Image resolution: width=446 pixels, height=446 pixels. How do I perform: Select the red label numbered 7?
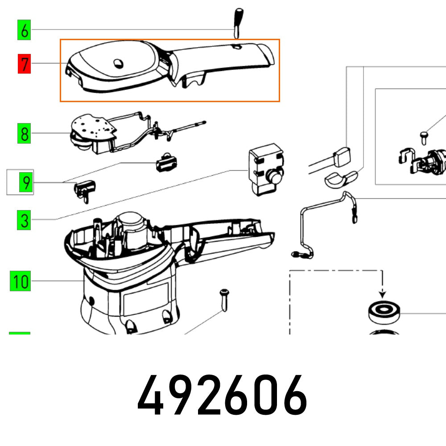pyautogui.click(x=24, y=64)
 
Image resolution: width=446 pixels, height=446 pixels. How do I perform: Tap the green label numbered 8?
pyautogui.click(x=24, y=134)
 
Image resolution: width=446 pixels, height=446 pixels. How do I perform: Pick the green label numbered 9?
pyautogui.click(x=26, y=182)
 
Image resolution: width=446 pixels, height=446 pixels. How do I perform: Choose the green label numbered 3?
pyautogui.click(x=24, y=220)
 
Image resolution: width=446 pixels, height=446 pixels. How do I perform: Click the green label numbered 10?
pyautogui.click(x=20, y=281)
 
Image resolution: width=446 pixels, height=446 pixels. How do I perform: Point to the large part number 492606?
pyautogui.click(x=222, y=395)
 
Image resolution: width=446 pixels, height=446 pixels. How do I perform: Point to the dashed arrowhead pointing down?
pyautogui.click(x=382, y=293)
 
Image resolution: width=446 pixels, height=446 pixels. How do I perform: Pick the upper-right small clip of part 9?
pyautogui.click(x=165, y=162)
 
